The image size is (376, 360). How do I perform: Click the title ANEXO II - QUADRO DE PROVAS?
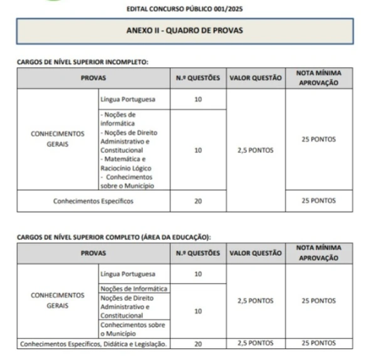point(192,30)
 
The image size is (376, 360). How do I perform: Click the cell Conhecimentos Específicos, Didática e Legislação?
point(93,344)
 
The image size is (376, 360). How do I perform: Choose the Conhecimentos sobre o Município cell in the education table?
point(132,329)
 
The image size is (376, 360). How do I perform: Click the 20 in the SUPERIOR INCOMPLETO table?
point(198,201)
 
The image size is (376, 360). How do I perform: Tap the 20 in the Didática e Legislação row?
point(198,344)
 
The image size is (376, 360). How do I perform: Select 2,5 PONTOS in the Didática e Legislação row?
point(256,344)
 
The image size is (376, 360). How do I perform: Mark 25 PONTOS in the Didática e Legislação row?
point(318,344)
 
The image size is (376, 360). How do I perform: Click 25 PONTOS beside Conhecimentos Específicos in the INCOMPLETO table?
point(318,201)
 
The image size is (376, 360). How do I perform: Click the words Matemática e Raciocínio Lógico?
point(126,164)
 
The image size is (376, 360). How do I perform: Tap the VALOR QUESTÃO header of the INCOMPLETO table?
point(256,78)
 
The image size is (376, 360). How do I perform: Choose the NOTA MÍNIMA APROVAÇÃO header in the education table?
point(318,253)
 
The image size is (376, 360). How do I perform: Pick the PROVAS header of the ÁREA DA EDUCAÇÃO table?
point(93,253)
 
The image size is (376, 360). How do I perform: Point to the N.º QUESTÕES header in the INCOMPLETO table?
point(198,78)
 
